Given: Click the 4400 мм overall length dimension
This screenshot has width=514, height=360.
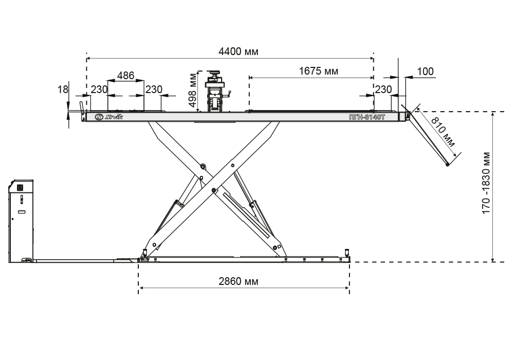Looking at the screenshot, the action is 238,51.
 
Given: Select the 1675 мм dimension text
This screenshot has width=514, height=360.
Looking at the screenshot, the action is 318,71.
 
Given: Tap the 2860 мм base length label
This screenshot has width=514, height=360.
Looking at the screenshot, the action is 238,281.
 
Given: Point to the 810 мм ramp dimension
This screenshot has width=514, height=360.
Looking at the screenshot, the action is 443,132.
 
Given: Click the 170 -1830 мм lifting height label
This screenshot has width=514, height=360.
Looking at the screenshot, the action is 486,183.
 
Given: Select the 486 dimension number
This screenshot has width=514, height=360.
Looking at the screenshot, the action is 125,76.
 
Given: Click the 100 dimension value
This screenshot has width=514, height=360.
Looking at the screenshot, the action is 426,71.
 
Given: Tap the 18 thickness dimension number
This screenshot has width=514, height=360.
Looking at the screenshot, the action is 63,89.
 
